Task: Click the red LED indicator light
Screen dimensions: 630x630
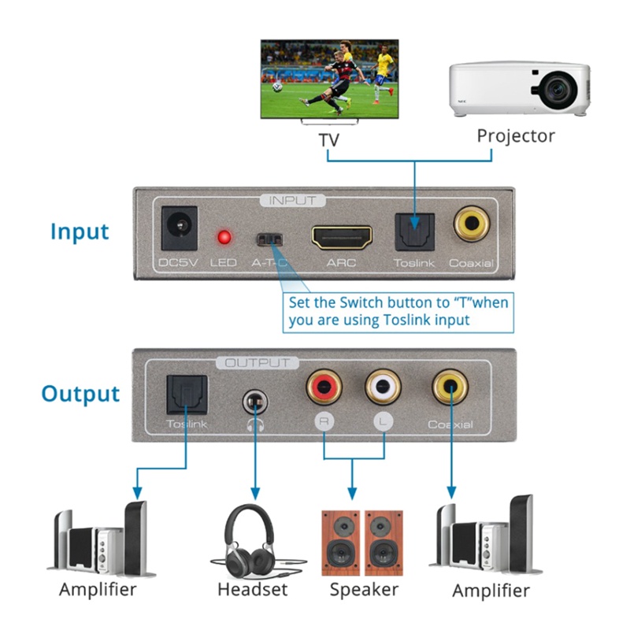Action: point(224,237)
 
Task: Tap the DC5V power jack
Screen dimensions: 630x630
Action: point(178,228)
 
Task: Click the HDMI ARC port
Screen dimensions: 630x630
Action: point(341,235)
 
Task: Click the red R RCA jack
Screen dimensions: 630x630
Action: point(324,387)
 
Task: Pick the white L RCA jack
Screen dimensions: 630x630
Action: point(384,387)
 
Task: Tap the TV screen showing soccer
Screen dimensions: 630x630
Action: point(329,80)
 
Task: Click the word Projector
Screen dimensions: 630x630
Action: point(516,135)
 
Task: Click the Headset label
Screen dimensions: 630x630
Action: point(253,589)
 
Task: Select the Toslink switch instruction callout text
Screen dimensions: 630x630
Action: point(398,311)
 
